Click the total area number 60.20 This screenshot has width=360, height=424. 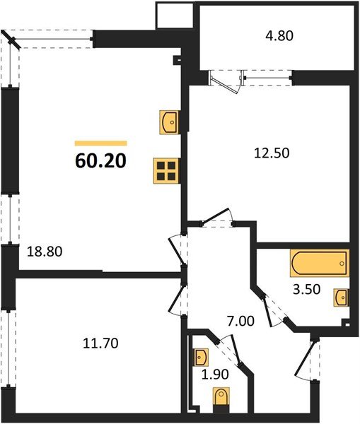click(100, 162)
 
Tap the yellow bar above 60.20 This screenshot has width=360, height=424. click(100, 143)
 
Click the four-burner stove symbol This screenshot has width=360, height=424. click(167, 171)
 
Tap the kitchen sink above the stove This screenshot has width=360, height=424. click(170, 122)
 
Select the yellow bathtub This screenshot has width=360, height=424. click(319, 265)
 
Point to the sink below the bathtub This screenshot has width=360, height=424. click(340, 297)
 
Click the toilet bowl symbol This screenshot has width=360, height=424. click(221, 399)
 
